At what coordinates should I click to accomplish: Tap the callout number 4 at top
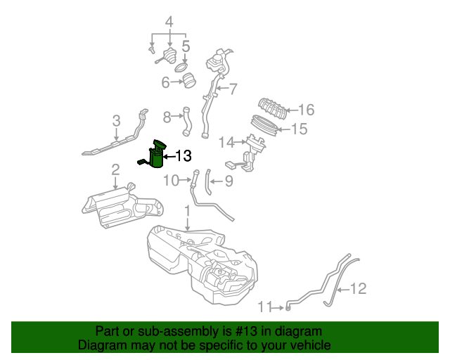point(169,22)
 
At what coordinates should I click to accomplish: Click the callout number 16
point(306,110)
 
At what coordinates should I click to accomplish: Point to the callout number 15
point(299,129)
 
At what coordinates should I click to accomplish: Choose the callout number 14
point(226,143)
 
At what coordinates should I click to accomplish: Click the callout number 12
point(358,288)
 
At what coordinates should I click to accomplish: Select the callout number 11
point(264,307)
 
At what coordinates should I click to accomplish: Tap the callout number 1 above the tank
point(187,210)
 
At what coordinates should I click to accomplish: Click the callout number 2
point(115,169)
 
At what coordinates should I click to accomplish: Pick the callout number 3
point(117,120)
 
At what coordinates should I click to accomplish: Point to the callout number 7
point(233,89)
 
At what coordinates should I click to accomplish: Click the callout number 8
point(167,116)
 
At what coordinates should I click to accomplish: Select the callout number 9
point(229,181)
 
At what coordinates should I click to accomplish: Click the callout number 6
point(166,82)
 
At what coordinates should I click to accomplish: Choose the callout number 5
point(186,47)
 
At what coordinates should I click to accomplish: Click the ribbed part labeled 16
point(273,110)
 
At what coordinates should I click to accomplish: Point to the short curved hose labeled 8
point(187,121)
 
